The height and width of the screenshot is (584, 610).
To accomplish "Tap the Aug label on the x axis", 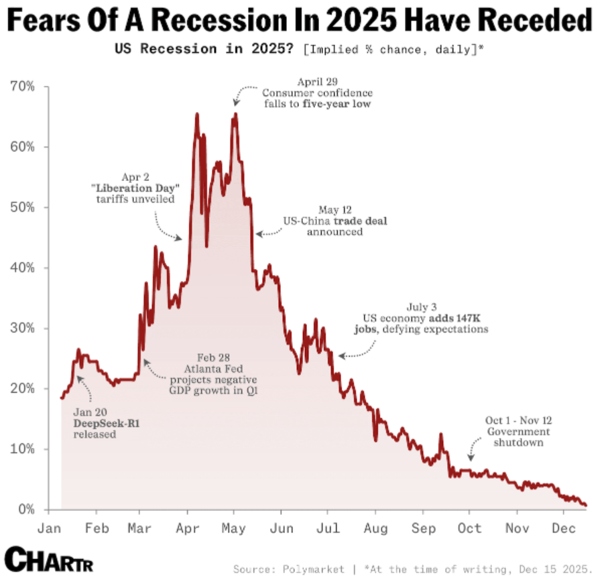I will (x=376, y=528).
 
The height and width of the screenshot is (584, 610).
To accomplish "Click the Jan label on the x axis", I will (x=49, y=528).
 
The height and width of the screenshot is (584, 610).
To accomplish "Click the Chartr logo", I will (x=48, y=559).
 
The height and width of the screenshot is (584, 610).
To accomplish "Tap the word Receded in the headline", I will (x=538, y=22).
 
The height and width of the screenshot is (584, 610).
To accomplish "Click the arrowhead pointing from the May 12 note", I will (x=259, y=233).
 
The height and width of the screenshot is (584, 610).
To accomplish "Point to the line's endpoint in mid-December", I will (x=586, y=505).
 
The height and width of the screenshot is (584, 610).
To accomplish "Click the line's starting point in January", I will (x=62, y=398).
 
